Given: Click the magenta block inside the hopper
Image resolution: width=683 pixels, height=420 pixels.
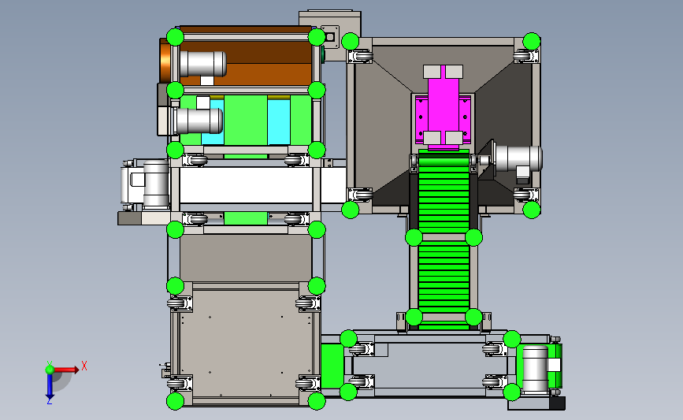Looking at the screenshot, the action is click(x=443, y=109).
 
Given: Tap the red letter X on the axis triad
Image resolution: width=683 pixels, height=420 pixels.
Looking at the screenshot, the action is click(x=84, y=366).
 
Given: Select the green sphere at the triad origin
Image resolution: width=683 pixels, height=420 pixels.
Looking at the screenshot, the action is click(x=50, y=370).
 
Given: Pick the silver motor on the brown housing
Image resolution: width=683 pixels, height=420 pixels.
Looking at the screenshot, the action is click(x=203, y=64).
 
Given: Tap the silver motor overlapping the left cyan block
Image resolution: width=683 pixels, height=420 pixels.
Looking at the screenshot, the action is click(x=199, y=121).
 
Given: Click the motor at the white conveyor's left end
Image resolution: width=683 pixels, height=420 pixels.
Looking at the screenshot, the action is click(x=145, y=184).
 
